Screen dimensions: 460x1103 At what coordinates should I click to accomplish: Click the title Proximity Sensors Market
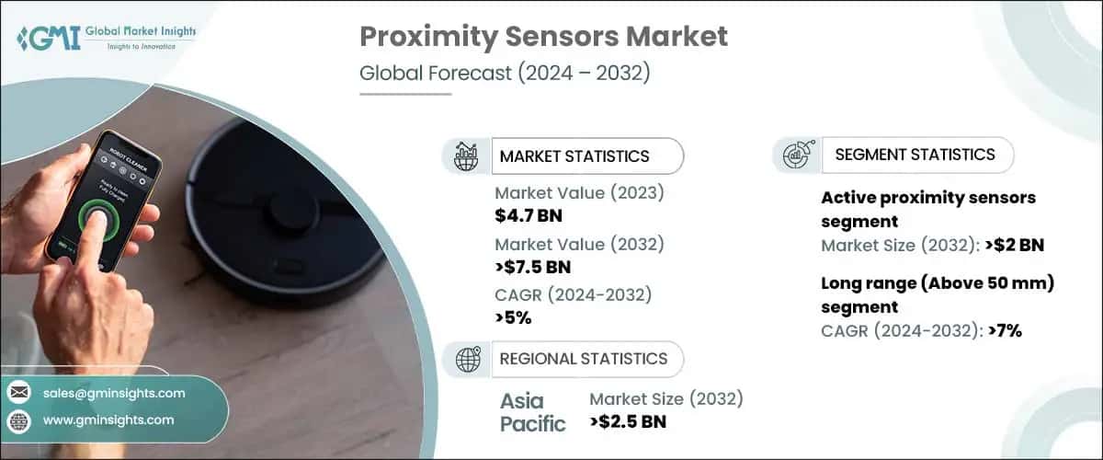543,37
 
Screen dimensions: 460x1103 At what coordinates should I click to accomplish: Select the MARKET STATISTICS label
574,156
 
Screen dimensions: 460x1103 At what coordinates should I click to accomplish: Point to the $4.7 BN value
529,216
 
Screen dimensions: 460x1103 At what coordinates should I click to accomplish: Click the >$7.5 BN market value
533,268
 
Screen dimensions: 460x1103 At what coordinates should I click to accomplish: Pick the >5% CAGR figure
513,318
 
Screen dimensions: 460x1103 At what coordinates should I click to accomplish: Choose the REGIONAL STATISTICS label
583,359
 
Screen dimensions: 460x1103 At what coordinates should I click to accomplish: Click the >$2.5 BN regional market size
628,422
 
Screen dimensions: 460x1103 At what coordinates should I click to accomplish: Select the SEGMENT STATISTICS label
915,155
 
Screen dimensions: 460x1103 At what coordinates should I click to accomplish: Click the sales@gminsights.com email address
114,393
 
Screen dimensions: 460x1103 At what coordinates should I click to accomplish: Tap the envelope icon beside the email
18,393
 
